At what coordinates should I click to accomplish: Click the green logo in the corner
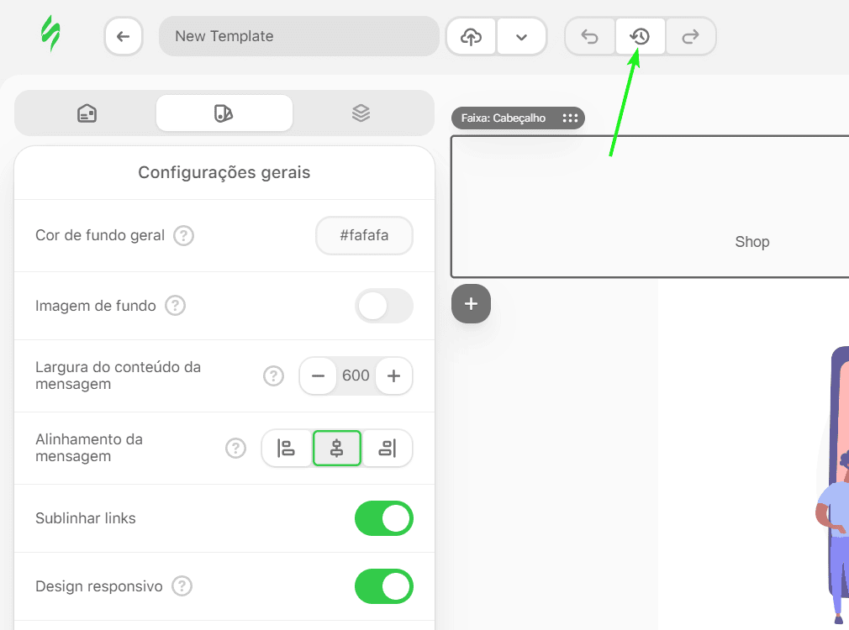pos(51,34)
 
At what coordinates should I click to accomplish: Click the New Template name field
pos(299,36)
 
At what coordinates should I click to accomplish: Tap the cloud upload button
pos(471,37)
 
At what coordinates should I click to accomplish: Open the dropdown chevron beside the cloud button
pos(521,37)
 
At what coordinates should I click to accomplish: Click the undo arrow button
pos(589,37)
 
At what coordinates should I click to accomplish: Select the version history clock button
pos(640,37)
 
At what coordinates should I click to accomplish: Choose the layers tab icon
pos(361,113)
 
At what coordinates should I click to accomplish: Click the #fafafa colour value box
pos(365,235)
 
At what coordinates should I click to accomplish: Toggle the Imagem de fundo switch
pos(384,306)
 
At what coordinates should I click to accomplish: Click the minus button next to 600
pos(319,375)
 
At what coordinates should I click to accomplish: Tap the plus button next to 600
pos(393,375)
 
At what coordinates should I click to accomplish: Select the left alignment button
pos(286,449)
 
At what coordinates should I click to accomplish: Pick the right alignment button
pos(388,449)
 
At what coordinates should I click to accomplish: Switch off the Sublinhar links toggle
pos(384,518)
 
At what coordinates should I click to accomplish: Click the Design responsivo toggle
pos(384,586)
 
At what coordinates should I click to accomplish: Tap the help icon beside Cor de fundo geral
pos(183,235)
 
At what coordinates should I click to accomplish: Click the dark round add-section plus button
pos(471,303)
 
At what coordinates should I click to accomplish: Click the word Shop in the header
pos(752,242)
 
